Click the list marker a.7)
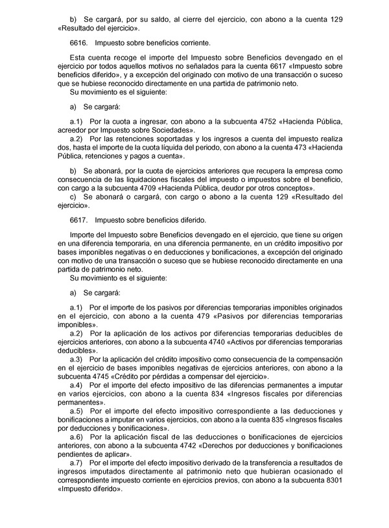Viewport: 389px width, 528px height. pos(77,464)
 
